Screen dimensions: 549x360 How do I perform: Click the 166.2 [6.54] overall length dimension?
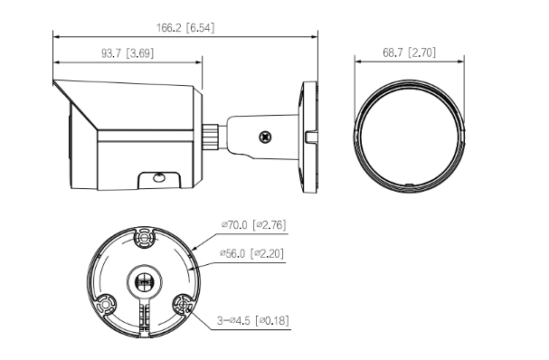(185, 28)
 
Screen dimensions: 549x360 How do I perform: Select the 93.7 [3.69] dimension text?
(128, 53)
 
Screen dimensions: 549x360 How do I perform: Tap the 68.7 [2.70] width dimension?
(410, 52)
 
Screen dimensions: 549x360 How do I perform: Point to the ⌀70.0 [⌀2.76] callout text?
(253, 224)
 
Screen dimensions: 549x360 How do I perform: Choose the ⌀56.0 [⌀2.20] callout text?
(251, 253)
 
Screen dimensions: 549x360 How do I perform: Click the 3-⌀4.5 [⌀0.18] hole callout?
(252, 320)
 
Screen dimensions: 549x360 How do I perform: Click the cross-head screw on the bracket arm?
(266, 137)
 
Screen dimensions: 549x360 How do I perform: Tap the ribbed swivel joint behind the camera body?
(211, 137)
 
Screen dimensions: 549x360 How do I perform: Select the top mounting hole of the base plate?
(144, 238)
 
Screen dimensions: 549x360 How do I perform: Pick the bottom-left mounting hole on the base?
(106, 304)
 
